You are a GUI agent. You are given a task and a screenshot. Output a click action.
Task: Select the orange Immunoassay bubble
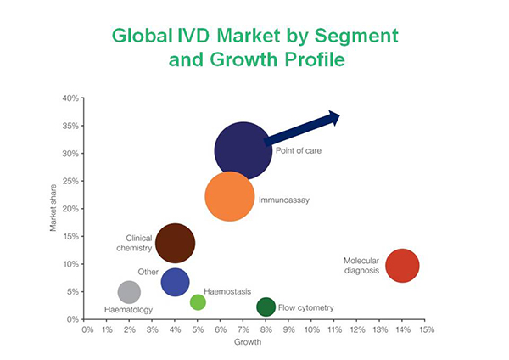pyautogui.click(x=230, y=196)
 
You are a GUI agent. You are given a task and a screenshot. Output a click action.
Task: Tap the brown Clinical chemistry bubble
pyautogui.click(x=176, y=243)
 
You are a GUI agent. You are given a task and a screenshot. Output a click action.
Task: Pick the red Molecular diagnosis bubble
pyautogui.click(x=402, y=266)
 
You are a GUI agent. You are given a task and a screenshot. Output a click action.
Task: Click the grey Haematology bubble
pyautogui.click(x=129, y=292)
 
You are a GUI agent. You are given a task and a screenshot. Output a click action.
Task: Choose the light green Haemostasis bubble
pyautogui.click(x=198, y=302)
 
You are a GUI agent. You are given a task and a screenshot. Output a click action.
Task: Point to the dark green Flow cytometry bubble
pyautogui.click(x=266, y=307)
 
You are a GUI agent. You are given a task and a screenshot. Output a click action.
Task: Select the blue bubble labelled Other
pyautogui.click(x=176, y=282)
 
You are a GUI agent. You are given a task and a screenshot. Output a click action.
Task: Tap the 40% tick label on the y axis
pyautogui.click(x=70, y=98)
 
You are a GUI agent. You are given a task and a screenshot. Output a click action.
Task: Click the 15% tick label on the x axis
pyautogui.click(x=427, y=329)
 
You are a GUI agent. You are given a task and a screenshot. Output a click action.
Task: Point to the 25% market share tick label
pyautogui.click(x=70, y=181)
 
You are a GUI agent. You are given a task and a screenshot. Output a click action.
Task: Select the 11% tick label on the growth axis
pyautogui.click(x=335, y=329)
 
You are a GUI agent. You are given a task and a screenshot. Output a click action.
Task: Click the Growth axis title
pyautogui.click(x=248, y=342)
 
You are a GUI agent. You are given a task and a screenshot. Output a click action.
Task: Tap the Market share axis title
pyautogui.click(x=53, y=208)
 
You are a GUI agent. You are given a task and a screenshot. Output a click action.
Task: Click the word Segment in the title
pyautogui.click(x=356, y=37)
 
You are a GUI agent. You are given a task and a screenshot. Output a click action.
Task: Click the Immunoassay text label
pyautogui.click(x=284, y=200)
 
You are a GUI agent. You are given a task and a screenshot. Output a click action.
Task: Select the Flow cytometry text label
pyautogui.click(x=305, y=307)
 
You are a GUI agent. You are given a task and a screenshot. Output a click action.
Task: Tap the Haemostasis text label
pyautogui.click(x=227, y=291)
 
